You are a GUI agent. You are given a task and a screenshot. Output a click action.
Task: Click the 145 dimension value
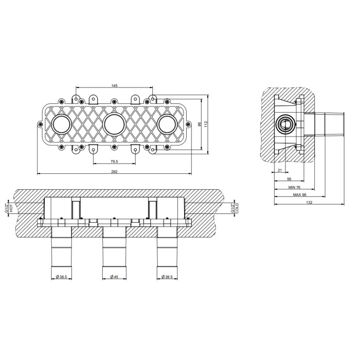pos(114,86)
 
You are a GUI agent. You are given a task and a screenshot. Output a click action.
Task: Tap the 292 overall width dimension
pos(114,171)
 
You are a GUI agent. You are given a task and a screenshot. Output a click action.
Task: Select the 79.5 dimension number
pos(114,161)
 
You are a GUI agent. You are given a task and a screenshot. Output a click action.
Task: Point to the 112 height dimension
pos(206,124)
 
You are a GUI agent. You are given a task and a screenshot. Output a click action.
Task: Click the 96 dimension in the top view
pos(200,124)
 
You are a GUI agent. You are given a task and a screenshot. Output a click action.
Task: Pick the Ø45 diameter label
pos(114,277)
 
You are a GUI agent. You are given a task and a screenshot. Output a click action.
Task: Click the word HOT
pos(11,208)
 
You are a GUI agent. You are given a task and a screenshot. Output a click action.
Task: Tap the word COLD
pos(237,208)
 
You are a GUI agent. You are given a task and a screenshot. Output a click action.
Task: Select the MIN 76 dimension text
pos(294,187)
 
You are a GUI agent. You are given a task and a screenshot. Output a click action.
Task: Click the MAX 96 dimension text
pos(300,195)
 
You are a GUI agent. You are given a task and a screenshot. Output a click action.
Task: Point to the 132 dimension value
pos(309,203)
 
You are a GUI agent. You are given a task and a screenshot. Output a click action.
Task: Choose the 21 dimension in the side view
pos(280,170)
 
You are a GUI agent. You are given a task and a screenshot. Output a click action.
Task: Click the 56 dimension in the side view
pos(289,179)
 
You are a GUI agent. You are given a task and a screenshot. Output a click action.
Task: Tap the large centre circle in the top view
pos(114,115)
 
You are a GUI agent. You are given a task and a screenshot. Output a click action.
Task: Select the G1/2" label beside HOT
pos(7,208)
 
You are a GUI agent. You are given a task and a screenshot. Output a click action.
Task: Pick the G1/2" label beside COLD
pos(232,208)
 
